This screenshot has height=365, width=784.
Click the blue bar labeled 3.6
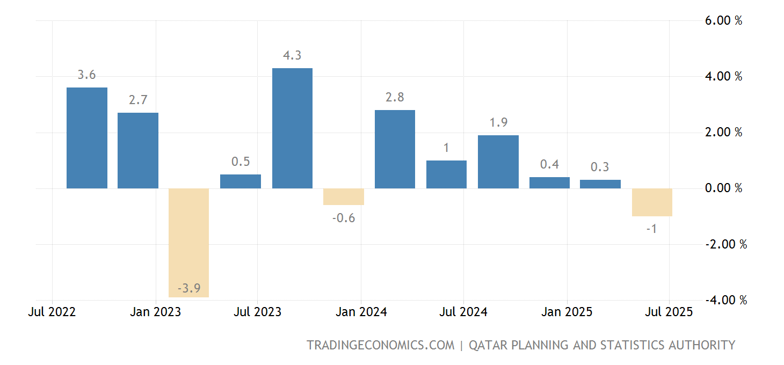(87, 138)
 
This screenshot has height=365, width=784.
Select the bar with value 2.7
(138, 151)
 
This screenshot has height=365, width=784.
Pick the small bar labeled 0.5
(241, 181)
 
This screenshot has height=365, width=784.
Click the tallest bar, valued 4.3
(292, 128)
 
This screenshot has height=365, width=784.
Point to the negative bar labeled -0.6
(344, 196)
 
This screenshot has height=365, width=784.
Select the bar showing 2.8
(395, 149)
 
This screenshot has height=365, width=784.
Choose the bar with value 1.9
(498, 162)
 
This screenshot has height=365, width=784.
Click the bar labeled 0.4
(549, 183)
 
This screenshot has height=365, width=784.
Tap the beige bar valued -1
(652, 202)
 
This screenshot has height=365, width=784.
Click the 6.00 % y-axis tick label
(723, 21)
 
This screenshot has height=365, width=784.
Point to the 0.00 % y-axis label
(723, 188)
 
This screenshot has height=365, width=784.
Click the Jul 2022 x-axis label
(52, 312)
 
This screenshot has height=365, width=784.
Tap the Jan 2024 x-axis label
(361, 312)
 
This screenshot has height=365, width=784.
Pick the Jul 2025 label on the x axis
(669, 312)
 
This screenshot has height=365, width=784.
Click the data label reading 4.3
(292, 55)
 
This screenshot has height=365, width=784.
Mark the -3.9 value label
(189, 289)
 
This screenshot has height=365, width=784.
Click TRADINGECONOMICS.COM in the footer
(380, 345)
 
